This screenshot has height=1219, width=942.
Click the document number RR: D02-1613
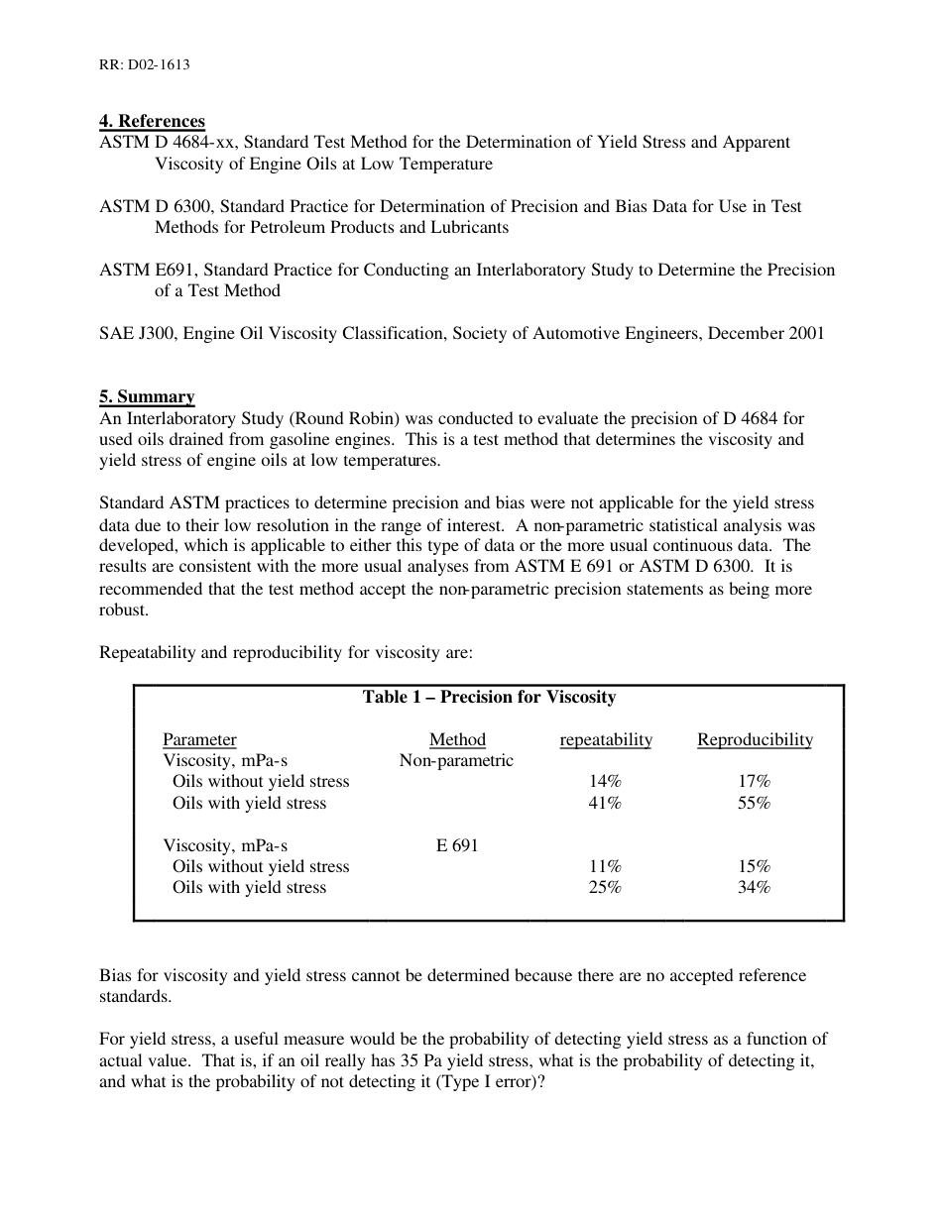point(145,65)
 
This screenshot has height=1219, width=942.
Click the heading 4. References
point(152,121)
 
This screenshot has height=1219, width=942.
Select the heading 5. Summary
point(147,396)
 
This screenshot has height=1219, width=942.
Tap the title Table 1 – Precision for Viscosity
point(489,697)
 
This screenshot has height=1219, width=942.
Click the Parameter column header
point(199,739)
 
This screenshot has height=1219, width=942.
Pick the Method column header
point(457,739)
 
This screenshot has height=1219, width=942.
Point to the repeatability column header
point(606,739)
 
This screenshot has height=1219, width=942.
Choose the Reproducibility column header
point(755,739)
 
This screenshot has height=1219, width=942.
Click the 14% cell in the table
point(605,781)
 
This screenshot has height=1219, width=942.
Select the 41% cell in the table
point(605,803)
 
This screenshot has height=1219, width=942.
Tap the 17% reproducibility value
point(754,781)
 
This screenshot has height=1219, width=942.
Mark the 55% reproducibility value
point(754,803)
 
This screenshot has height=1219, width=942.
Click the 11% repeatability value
point(605,866)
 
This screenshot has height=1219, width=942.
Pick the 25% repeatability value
point(605,887)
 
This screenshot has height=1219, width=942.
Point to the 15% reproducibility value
point(754,866)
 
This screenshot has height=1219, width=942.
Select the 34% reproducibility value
point(754,887)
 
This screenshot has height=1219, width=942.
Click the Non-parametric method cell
point(456,760)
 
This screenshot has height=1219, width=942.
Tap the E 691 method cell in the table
point(456,845)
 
